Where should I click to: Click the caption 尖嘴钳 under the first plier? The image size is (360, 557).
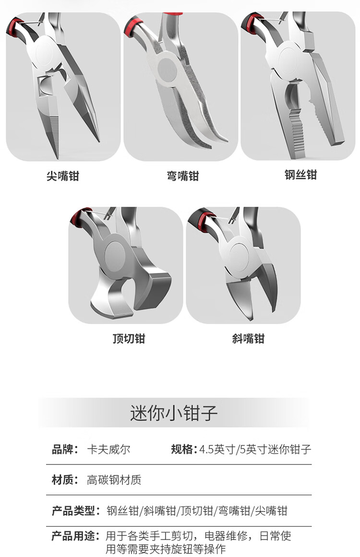point(62,176)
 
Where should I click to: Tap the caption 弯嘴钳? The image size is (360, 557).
point(183,176)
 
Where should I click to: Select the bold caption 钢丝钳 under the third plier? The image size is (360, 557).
point(300,175)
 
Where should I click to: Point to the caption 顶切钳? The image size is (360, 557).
point(129,339)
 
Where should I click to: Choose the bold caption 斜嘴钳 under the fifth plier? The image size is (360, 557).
point(249,339)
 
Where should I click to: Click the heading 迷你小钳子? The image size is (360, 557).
point(174,413)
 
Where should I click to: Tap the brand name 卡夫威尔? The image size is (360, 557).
point(109,450)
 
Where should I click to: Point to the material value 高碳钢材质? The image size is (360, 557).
point(114,480)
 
